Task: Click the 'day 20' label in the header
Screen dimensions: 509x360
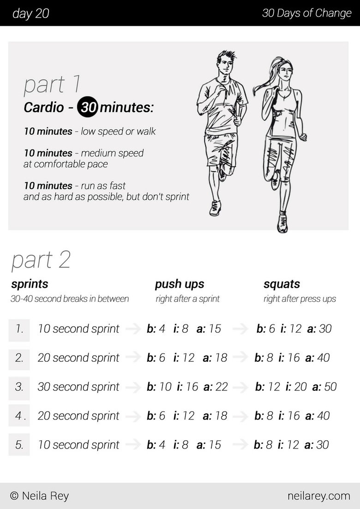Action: coord(30,13)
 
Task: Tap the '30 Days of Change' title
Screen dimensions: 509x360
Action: coord(306,13)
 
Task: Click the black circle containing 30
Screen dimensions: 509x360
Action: coord(87,108)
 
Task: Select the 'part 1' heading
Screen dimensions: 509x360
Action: coord(52,84)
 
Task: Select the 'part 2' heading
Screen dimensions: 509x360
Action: coord(41,260)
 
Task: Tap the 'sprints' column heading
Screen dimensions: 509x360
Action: coord(30,284)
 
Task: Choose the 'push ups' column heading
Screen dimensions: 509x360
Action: coord(180,284)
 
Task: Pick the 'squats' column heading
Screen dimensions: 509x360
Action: coord(282,284)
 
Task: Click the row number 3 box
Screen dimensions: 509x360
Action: coord(19,387)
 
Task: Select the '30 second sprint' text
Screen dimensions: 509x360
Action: coord(78,387)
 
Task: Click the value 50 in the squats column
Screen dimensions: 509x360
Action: coord(330,387)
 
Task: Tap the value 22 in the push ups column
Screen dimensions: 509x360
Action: coord(222,387)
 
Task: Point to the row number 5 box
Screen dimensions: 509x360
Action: coord(19,445)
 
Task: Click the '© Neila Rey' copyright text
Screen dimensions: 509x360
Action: coord(39,496)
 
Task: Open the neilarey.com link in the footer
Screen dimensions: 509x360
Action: coord(318,496)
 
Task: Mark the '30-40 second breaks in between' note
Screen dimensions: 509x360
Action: coord(70,299)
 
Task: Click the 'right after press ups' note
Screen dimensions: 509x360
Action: coord(300,299)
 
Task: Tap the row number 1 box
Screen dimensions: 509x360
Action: coord(19,329)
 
